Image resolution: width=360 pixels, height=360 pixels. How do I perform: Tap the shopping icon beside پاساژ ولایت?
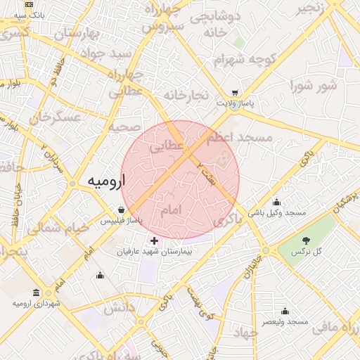tap(234, 93)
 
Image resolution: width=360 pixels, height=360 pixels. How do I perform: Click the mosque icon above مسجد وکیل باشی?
tap(276, 202)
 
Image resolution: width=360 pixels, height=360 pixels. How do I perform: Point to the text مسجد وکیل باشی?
tap(276, 212)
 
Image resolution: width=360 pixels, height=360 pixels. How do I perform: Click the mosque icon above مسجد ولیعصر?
tap(285, 311)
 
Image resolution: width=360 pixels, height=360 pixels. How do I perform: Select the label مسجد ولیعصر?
tap(285, 321)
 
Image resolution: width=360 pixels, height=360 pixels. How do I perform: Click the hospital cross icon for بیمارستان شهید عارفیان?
tap(155, 241)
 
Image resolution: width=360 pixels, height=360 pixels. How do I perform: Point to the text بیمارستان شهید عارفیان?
tap(153, 251)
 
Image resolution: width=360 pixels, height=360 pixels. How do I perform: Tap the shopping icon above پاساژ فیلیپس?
tap(122, 210)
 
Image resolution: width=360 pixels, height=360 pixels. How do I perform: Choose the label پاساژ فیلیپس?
tap(121, 220)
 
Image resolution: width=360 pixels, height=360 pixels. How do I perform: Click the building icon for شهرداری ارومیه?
tap(37, 292)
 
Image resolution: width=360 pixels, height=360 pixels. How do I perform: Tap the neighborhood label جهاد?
tap(247, 331)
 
